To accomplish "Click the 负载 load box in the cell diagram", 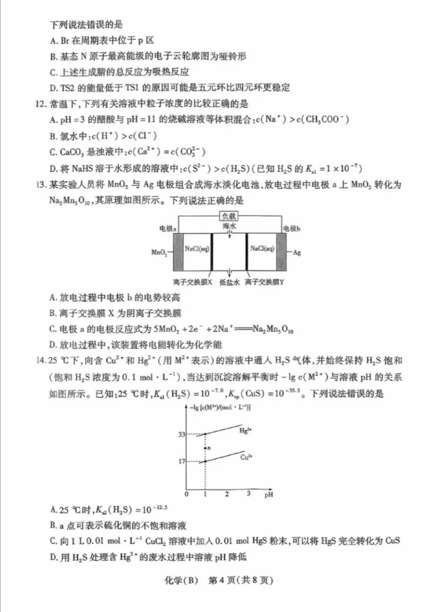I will (230, 216).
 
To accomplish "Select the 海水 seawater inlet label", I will (229, 226).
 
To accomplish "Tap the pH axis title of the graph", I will (268, 494).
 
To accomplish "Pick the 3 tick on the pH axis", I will (249, 494).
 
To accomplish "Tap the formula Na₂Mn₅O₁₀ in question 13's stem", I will (67, 200).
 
